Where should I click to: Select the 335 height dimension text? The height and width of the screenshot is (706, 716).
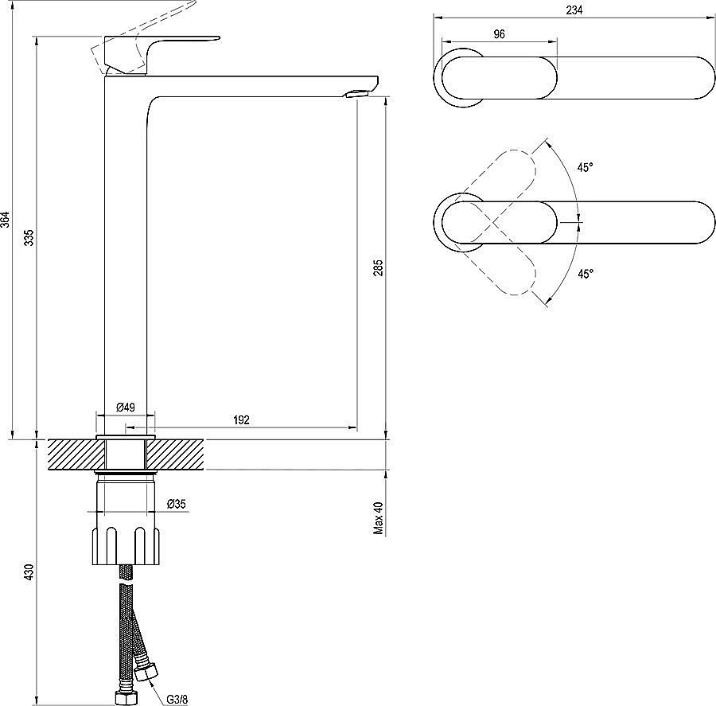tap(29, 237)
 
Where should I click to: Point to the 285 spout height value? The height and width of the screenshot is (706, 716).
tap(379, 268)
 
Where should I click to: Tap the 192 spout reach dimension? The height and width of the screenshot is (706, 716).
tap(243, 420)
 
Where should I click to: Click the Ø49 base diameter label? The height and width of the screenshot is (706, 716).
tap(126, 407)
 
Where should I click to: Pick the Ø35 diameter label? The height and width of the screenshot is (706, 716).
tap(177, 503)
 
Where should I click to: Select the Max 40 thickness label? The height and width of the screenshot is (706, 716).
tap(379, 517)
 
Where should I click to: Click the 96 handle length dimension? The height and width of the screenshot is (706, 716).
tap(499, 33)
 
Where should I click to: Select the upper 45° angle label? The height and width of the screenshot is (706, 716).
tap(585, 167)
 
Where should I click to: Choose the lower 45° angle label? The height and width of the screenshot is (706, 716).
tap(585, 273)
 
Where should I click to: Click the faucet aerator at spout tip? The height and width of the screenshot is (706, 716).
tap(355, 95)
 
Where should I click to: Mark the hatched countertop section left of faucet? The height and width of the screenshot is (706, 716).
tap(76, 454)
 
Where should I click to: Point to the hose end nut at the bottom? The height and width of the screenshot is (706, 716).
tap(125, 697)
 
